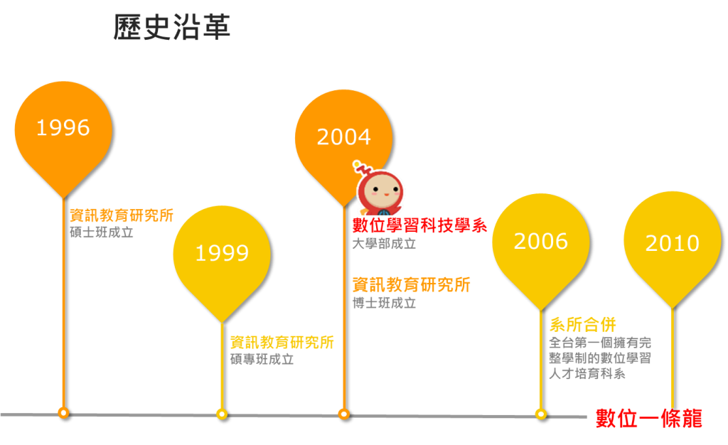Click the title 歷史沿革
click(x=171, y=28)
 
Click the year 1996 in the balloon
click(x=63, y=128)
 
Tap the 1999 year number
click(x=222, y=253)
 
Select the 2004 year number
click(x=343, y=136)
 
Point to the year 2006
click(x=540, y=242)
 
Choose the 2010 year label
click(x=672, y=244)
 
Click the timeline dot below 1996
click(x=63, y=412)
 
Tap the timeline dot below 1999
click(x=222, y=414)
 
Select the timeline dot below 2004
click(x=344, y=414)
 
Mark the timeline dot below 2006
click(x=541, y=414)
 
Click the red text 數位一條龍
click(x=648, y=419)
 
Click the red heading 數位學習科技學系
click(x=419, y=226)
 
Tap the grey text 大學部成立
click(x=384, y=244)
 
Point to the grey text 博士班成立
click(x=384, y=304)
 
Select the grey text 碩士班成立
click(x=102, y=232)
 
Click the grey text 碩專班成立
click(x=262, y=360)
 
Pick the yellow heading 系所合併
click(x=582, y=325)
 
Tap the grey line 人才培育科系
click(x=587, y=374)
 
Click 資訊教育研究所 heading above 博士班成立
click(x=411, y=285)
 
